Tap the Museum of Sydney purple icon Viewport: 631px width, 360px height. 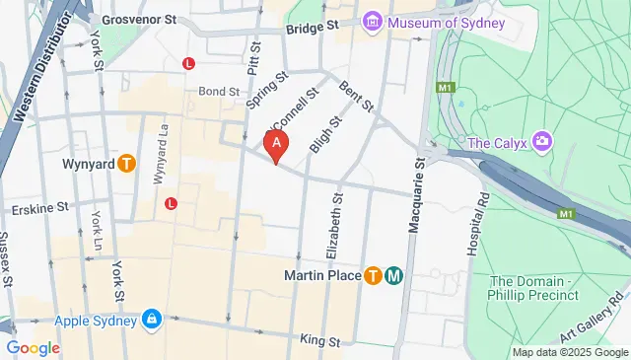click(x=373, y=22)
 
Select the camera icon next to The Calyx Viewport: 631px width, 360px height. click(x=541, y=143)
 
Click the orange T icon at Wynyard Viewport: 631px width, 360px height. click(x=126, y=164)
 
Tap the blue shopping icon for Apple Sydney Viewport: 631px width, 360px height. click(x=151, y=320)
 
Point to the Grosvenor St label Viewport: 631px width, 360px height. click(x=139, y=19)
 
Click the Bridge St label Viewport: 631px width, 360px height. click(x=312, y=29)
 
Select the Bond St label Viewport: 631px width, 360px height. click(x=219, y=91)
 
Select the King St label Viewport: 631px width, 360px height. click(x=319, y=341)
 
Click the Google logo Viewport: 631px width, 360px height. click(x=33, y=347)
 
